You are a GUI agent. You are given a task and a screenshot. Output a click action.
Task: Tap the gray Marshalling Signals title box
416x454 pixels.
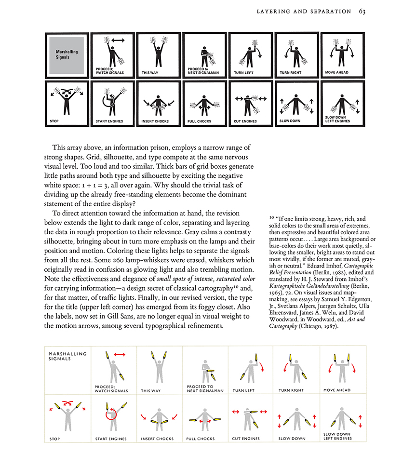(x=67, y=54)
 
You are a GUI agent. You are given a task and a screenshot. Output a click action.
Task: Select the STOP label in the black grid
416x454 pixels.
(x=54, y=121)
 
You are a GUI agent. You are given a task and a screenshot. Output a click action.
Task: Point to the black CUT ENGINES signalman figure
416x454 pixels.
(x=249, y=103)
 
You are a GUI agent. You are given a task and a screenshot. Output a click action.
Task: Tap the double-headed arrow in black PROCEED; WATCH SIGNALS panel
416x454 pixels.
(x=117, y=42)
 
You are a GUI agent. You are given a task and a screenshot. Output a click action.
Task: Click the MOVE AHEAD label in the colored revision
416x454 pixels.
(x=337, y=390)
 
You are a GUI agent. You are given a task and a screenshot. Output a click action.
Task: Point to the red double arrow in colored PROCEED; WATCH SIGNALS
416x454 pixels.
(x=119, y=354)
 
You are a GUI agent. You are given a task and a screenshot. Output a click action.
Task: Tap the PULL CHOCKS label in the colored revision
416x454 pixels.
(x=200, y=439)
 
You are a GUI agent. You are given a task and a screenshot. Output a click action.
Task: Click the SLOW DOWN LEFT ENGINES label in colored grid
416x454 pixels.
(x=337, y=437)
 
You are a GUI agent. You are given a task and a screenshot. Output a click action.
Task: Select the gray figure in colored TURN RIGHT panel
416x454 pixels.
(x=295, y=370)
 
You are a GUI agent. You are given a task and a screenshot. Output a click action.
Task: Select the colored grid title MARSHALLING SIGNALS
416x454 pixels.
(x=67, y=357)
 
